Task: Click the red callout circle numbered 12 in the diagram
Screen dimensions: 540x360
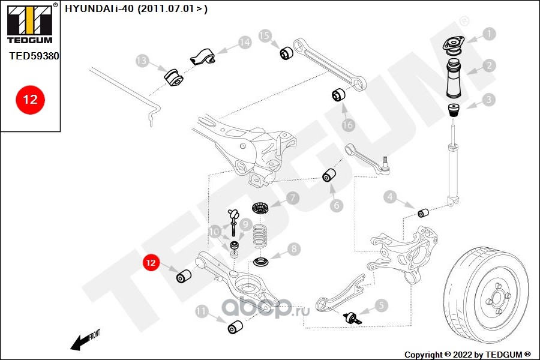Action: [150, 263]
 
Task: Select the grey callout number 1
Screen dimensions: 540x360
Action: [490, 34]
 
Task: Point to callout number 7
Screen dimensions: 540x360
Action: [292, 197]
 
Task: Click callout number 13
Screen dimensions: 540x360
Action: [142, 61]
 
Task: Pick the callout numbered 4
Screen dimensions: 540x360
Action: [391, 197]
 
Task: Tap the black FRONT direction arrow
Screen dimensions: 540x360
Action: [80, 343]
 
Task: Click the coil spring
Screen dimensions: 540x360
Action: [259, 236]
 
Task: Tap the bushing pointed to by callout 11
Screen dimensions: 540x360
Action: [236, 328]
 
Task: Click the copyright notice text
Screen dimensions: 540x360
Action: [467, 354]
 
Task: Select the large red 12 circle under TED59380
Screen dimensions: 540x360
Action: [29, 99]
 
